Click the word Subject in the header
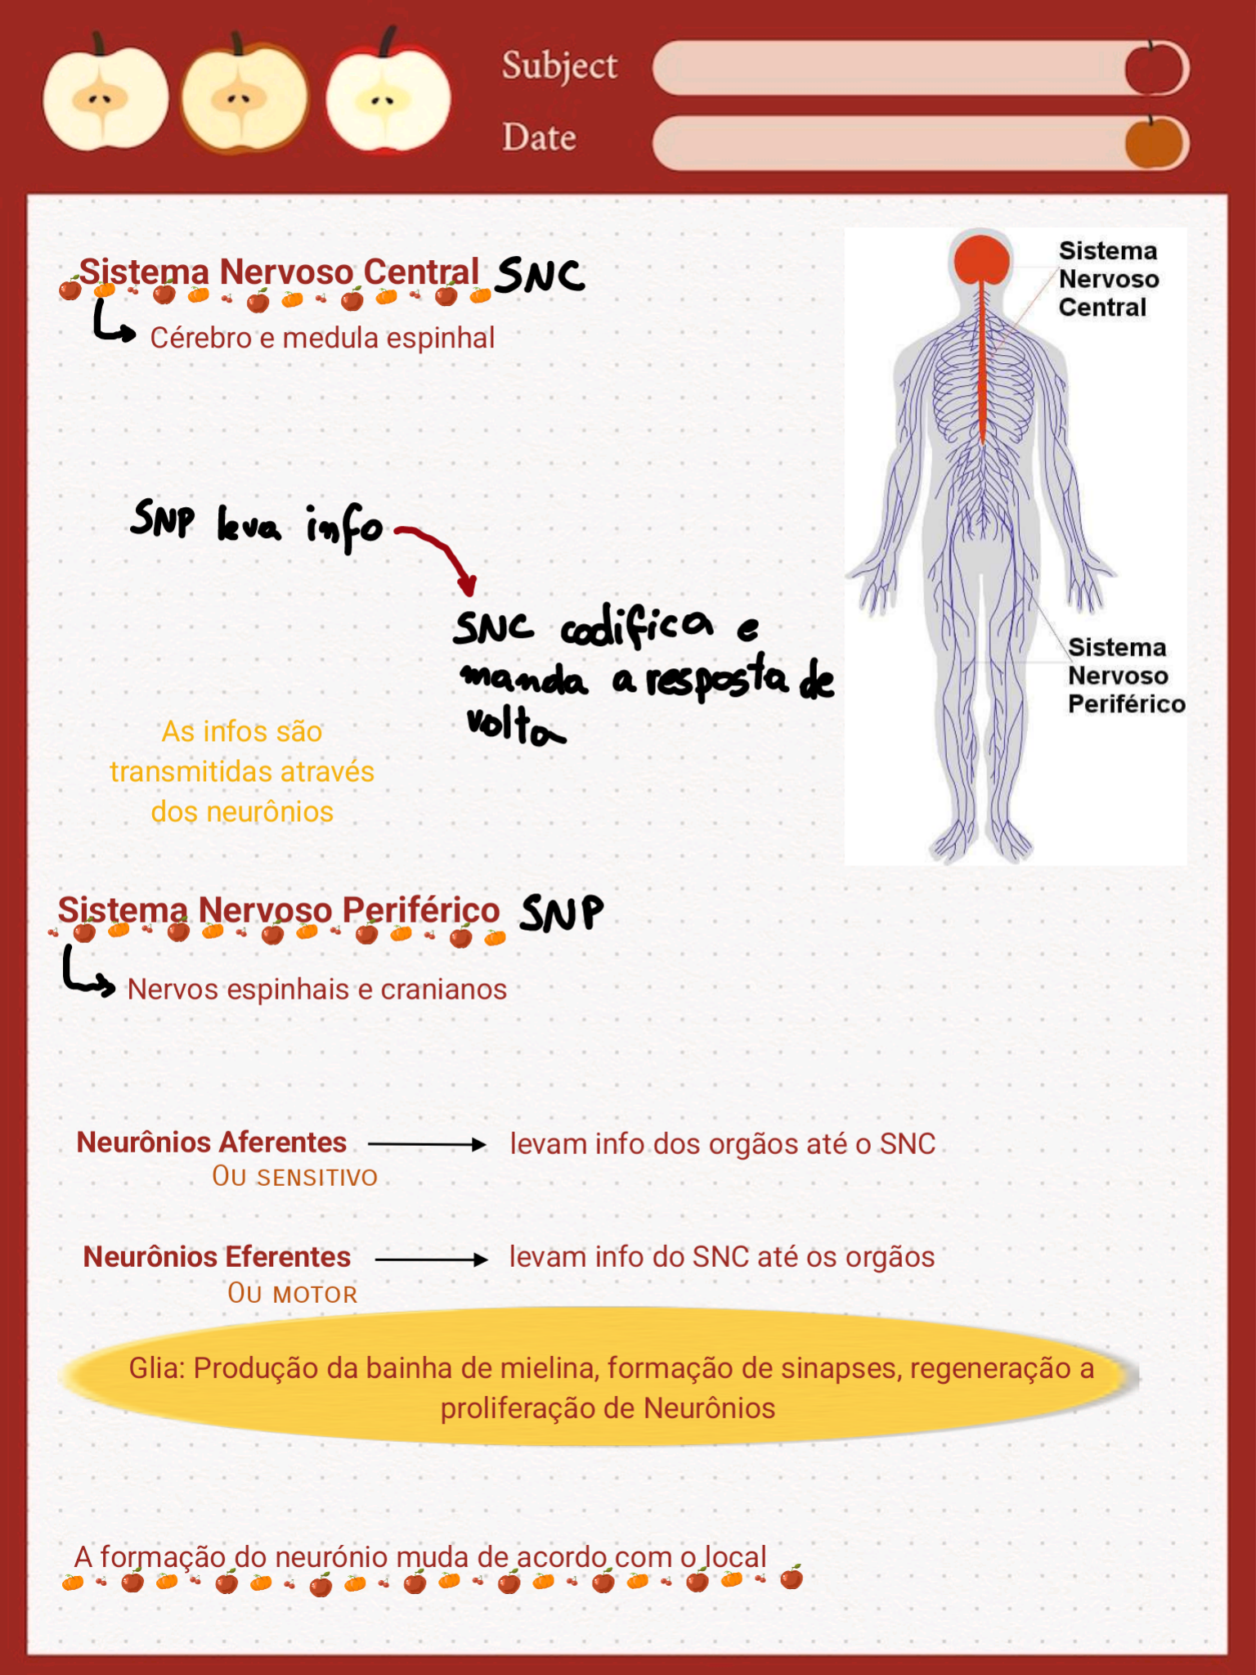pyautogui.click(x=559, y=66)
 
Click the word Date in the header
pyautogui.click(x=539, y=137)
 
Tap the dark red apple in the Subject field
pyautogui.click(x=1153, y=68)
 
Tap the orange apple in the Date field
pyautogui.click(x=1154, y=142)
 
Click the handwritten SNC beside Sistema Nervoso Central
pyautogui.click(x=541, y=275)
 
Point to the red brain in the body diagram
pyautogui.click(x=981, y=259)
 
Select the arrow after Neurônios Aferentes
pyautogui.click(x=427, y=1144)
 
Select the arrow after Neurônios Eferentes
pyautogui.click(x=431, y=1260)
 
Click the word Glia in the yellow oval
pyautogui.click(x=155, y=1368)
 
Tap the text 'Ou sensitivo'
pyautogui.click(x=294, y=1177)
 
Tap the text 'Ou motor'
pyautogui.click(x=293, y=1294)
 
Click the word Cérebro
pyautogui.click(x=200, y=338)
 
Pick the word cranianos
pyautogui.click(x=443, y=990)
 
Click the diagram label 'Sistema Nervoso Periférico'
pyautogui.click(x=1125, y=676)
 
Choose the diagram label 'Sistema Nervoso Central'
pyautogui.click(x=1108, y=279)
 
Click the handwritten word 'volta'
pyautogui.click(x=514, y=725)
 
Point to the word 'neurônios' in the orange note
pyautogui.click(x=270, y=812)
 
